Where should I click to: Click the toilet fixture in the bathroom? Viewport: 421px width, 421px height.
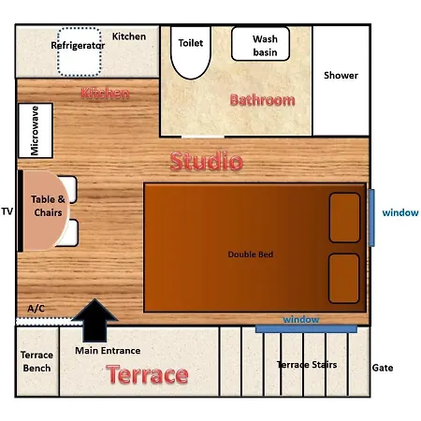[x=191, y=52]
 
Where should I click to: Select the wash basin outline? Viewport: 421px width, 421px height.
[x=260, y=44]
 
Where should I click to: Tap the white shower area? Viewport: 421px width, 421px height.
[x=341, y=80]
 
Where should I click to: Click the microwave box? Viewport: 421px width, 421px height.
[x=36, y=130]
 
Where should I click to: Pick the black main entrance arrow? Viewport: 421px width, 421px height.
[x=94, y=320]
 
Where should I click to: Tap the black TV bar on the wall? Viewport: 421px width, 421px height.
[x=21, y=210]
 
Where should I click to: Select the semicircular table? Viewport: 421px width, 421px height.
[x=45, y=210]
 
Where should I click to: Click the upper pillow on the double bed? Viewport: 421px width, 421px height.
[x=344, y=218]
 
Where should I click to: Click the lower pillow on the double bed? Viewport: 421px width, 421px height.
[x=344, y=279]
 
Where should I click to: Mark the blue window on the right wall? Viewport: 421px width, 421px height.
[x=371, y=218]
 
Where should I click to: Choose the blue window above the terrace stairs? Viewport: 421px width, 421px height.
[x=306, y=328]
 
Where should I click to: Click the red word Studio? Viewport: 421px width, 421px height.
[x=207, y=161]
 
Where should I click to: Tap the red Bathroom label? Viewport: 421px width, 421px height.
[x=262, y=100]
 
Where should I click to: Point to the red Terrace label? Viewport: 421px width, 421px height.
[x=147, y=374]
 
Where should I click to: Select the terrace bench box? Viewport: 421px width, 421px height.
[x=37, y=361]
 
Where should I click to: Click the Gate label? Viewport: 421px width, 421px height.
[x=383, y=368]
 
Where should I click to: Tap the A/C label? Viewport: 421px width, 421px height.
[x=36, y=309]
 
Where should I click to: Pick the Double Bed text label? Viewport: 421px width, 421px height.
[x=251, y=254]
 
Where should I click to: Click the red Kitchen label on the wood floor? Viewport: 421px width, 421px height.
[x=105, y=94]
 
